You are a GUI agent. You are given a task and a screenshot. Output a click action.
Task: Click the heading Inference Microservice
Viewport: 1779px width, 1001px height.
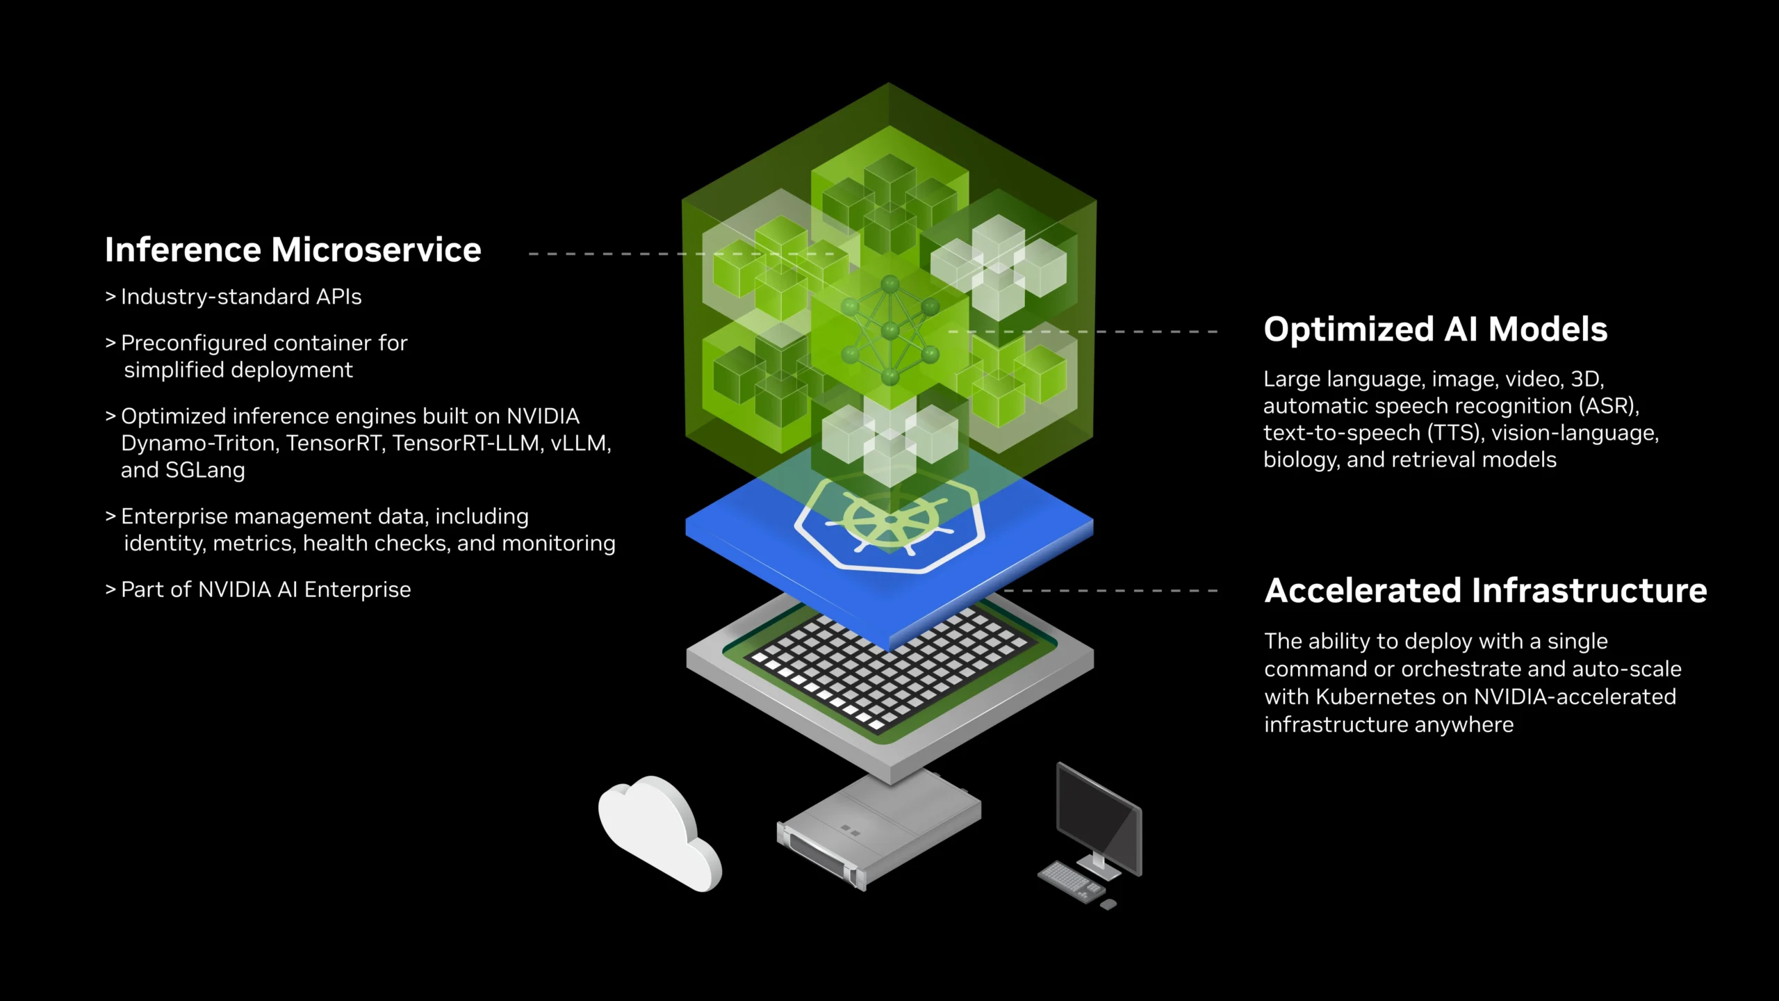[x=293, y=250]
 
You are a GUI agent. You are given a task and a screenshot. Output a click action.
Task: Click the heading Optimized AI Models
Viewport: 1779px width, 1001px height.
[x=1435, y=329]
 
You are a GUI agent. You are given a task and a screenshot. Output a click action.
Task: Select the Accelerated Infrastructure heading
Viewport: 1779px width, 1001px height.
[x=1485, y=591]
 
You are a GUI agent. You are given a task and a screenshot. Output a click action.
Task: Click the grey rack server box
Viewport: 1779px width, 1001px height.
[x=879, y=827]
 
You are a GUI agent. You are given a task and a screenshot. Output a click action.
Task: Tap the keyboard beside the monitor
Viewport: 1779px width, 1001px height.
[x=1070, y=881]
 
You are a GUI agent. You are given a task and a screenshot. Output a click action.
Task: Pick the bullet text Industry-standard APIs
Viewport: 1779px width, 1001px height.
[x=240, y=297]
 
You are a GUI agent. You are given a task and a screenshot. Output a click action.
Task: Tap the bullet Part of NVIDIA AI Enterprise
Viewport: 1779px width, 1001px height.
[x=265, y=590]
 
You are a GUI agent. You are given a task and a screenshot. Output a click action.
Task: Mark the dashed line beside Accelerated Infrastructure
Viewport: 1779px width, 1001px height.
[x=1112, y=591]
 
